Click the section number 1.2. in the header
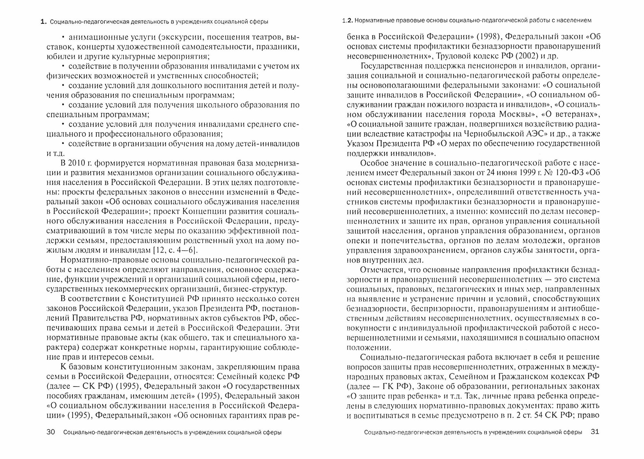click(348, 20)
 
